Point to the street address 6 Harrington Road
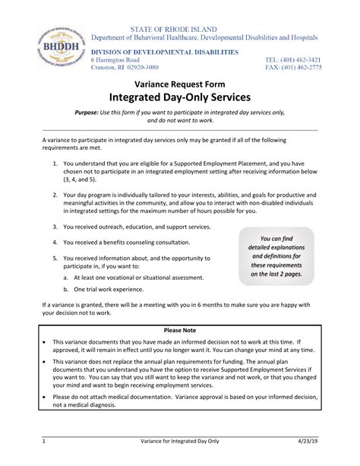[115, 59]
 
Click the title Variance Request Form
[180, 85]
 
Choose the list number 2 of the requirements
[55, 195]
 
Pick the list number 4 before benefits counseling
[55, 243]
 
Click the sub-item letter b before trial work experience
[66, 290]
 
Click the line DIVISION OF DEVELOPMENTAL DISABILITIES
[165, 51]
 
